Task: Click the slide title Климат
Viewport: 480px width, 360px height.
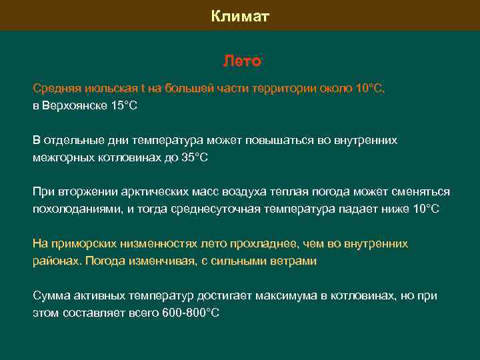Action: (x=240, y=16)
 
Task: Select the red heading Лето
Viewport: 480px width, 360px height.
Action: (x=241, y=61)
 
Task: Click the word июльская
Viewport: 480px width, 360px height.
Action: (x=107, y=87)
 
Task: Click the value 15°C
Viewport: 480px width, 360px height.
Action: (x=123, y=105)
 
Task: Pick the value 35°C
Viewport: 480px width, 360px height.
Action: (x=195, y=157)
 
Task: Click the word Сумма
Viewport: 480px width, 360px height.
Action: (x=51, y=296)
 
